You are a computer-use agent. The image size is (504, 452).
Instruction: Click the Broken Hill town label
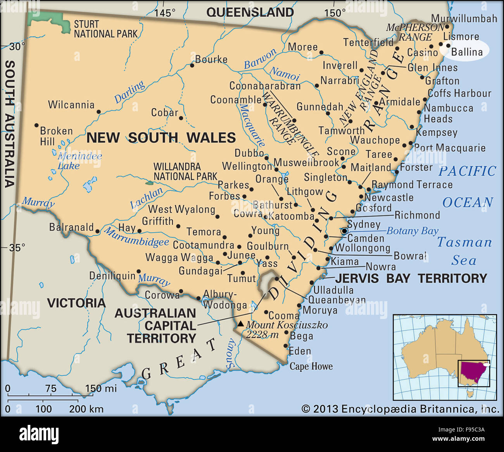56,136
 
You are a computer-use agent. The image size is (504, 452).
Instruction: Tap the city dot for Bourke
192,66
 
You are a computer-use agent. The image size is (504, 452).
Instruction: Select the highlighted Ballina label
467,52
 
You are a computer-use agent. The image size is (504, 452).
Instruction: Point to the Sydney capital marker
344,231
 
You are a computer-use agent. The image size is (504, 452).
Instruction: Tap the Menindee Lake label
79,161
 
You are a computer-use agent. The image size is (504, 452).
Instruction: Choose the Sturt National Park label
105,29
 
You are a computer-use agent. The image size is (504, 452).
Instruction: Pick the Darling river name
129,91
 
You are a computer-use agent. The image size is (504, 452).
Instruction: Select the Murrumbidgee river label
136,237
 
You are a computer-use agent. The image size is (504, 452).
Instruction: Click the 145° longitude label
165,13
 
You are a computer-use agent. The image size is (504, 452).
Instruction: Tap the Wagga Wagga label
179,257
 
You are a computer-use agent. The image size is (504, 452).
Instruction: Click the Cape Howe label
311,366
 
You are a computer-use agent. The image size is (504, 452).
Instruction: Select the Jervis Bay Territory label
411,278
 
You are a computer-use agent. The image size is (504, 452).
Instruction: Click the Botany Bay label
412,231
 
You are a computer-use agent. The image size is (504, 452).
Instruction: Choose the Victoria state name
76,303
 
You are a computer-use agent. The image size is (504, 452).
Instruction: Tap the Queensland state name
250,12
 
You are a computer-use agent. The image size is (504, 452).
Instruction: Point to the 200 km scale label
86,409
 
